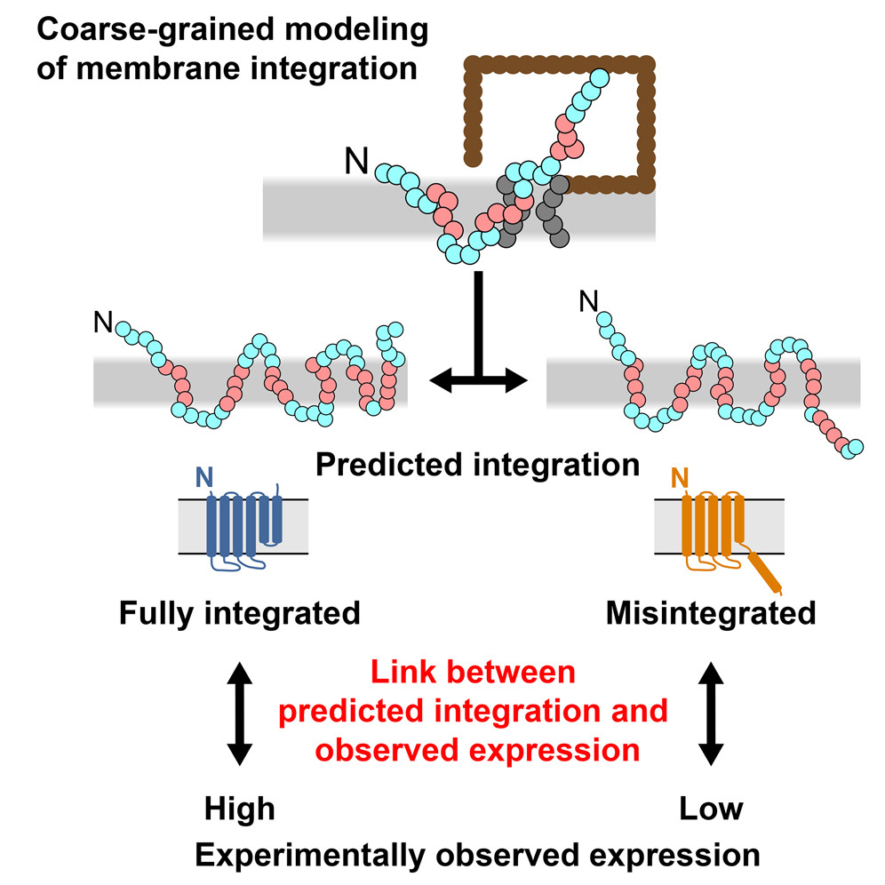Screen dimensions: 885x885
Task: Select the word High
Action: click(239, 809)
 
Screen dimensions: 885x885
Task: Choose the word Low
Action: click(711, 809)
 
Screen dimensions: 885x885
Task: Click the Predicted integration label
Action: click(477, 464)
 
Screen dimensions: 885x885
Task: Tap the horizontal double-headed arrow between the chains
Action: click(478, 381)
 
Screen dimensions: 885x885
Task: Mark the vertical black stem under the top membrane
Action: click(479, 320)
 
